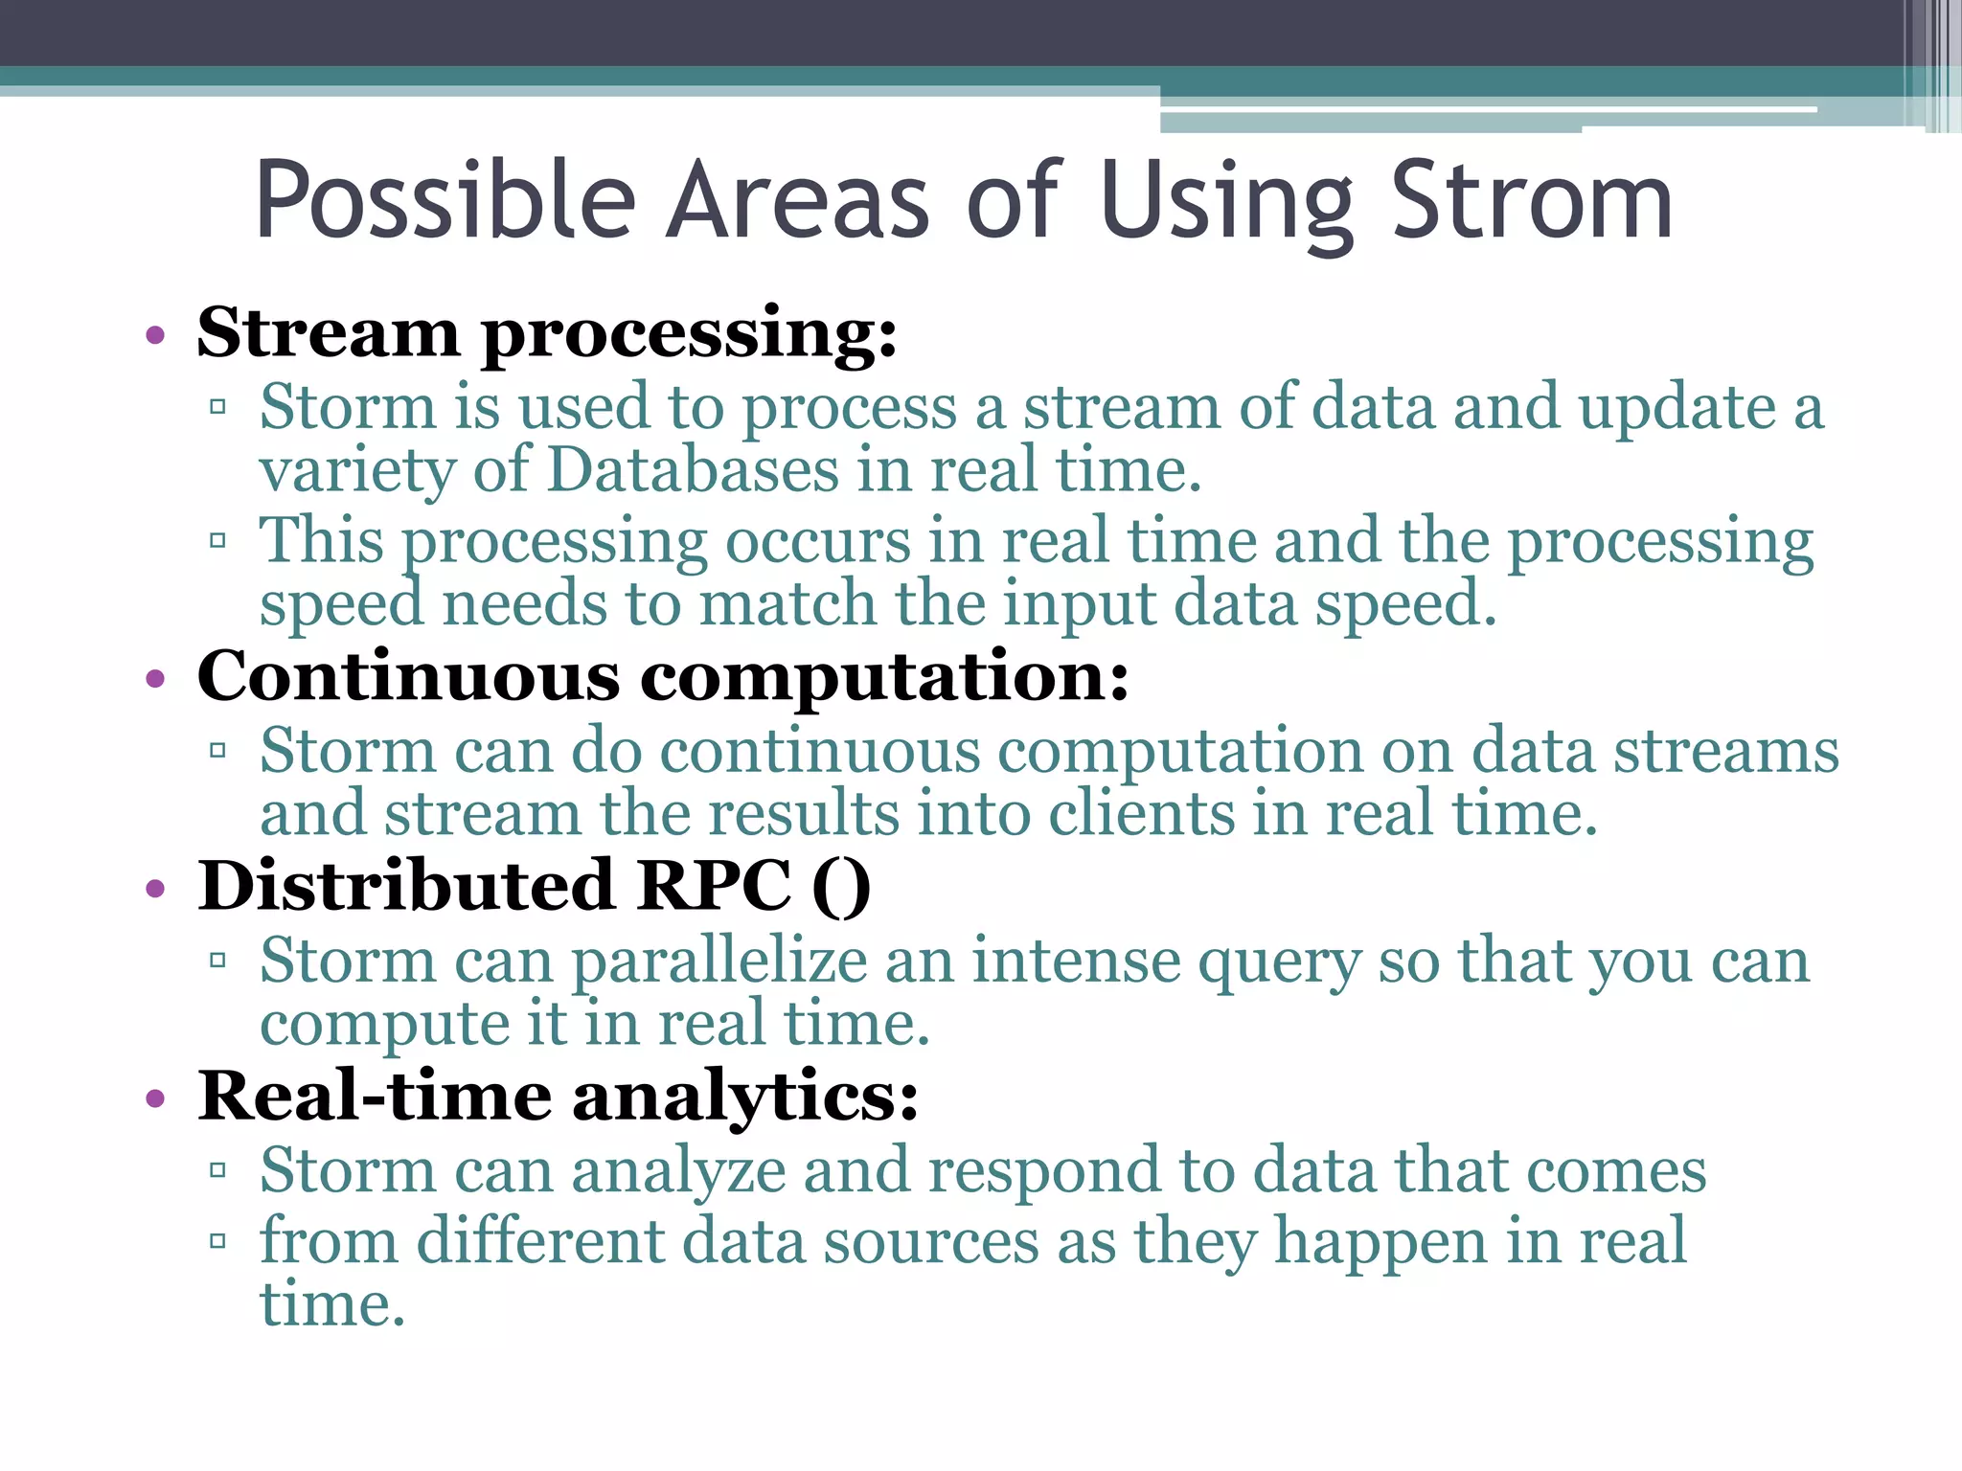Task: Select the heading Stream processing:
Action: coord(547,333)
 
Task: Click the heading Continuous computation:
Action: coord(663,676)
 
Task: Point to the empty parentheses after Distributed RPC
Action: coord(841,886)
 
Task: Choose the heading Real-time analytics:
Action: coord(558,1096)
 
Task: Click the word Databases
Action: coord(694,470)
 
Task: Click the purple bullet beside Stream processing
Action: coord(155,336)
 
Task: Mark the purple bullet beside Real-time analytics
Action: coord(155,1098)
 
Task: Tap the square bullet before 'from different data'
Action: coord(217,1242)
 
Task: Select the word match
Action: coord(787,605)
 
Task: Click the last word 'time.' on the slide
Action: coord(332,1304)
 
